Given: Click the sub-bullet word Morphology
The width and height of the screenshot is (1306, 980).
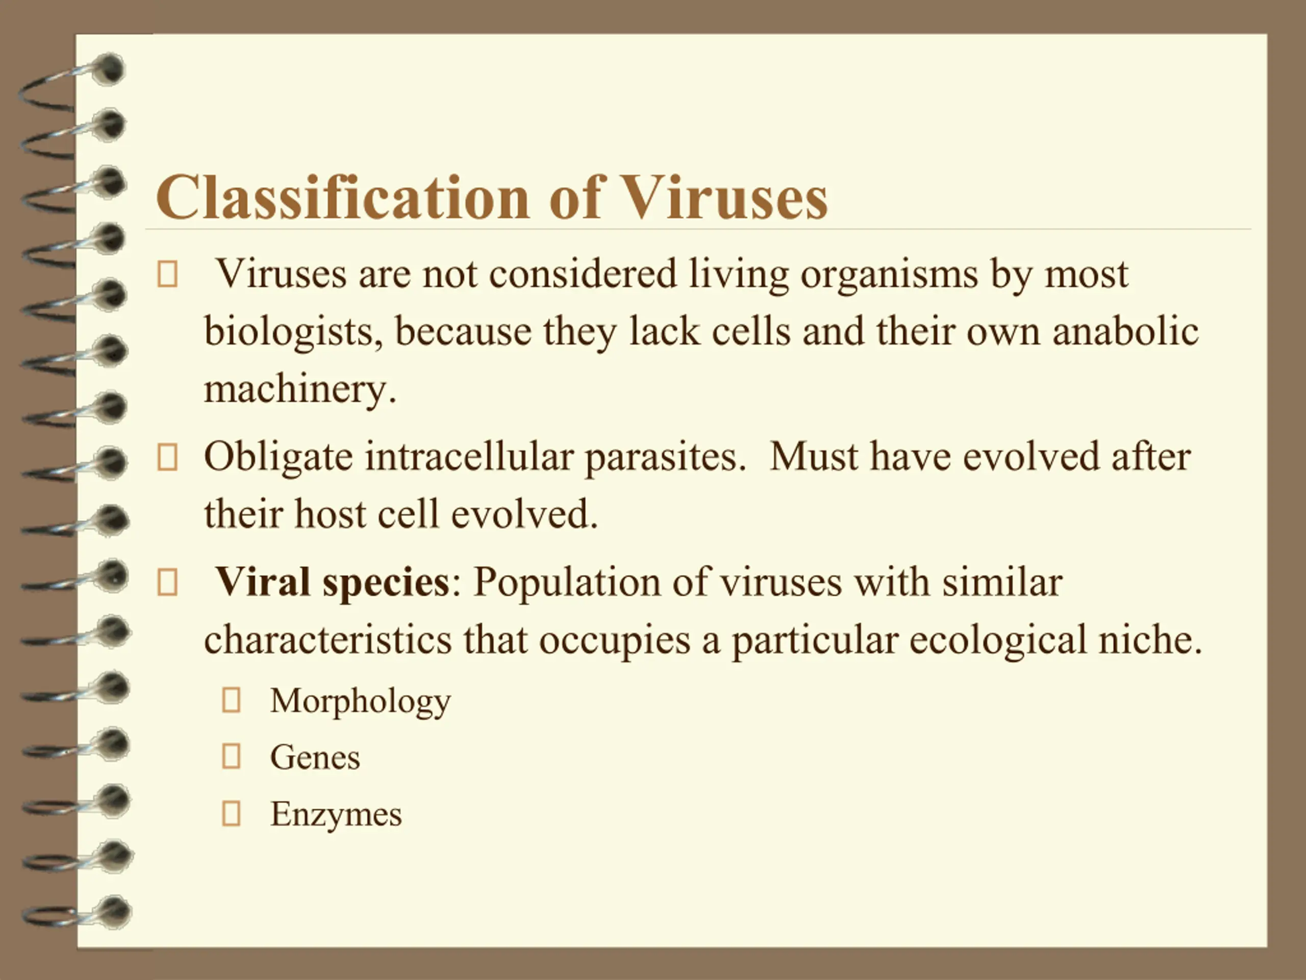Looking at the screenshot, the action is (x=360, y=702).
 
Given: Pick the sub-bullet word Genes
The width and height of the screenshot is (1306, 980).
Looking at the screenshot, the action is (x=315, y=757).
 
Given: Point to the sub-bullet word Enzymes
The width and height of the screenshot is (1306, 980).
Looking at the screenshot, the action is (x=336, y=814).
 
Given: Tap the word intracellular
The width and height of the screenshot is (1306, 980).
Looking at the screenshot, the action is (x=469, y=457).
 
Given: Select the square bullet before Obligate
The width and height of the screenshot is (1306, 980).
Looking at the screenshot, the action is (x=167, y=457).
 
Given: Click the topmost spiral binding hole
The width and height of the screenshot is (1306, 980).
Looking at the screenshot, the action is (x=110, y=69).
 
